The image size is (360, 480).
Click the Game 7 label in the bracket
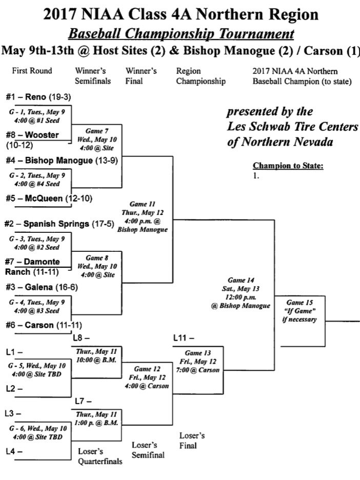pyautogui.click(x=96, y=131)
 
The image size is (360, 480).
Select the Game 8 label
pyautogui.click(x=96, y=258)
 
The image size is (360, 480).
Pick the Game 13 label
pyautogui.click(x=197, y=353)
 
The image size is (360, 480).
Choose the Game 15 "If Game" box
pyautogui.click(x=299, y=311)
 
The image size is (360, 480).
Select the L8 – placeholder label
pyautogui.click(x=81, y=337)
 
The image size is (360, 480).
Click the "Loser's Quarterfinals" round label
pyautogui.click(x=100, y=456)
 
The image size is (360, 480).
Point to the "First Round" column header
pyautogui.click(x=32, y=71)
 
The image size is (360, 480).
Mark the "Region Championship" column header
pyautogui.click(x=201, y=76)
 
